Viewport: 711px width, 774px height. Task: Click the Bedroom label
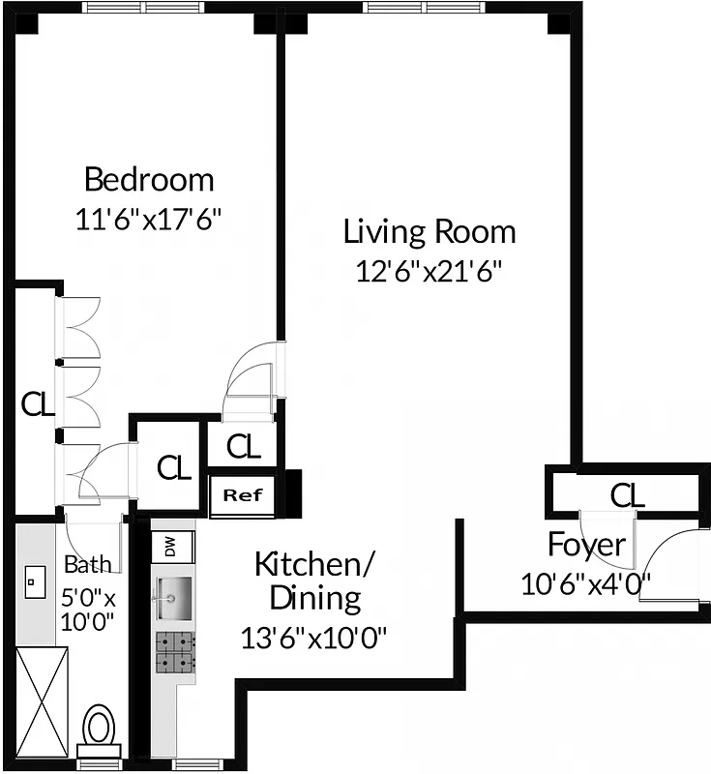149,180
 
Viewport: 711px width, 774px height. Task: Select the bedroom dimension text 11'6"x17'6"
149,219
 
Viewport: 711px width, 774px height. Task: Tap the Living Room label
430,232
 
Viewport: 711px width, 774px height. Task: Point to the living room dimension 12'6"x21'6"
430,270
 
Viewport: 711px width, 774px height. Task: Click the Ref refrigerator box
243,495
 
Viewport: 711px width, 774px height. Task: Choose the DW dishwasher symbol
171,548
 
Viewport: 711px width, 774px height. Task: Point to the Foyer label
586,545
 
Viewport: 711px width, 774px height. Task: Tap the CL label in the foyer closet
627,495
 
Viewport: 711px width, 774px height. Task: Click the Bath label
87,565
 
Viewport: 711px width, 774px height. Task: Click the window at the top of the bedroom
144,7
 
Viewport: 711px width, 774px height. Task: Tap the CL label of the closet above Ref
244,446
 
